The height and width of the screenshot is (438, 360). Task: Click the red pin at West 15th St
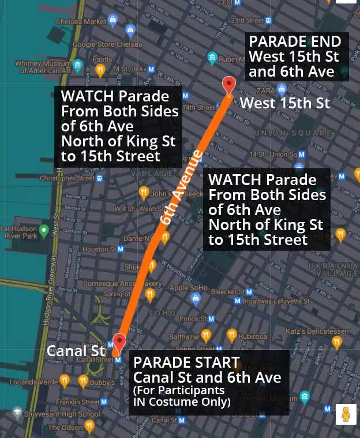click(229, 85)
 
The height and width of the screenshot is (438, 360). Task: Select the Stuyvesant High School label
click(65, 413)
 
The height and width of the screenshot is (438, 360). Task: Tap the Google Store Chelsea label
click(109, 44)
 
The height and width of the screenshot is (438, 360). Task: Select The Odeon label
click(65, 428)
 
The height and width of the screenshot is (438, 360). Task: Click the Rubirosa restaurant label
click(253, 337)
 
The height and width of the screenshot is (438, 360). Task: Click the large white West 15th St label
click(285, 103)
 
